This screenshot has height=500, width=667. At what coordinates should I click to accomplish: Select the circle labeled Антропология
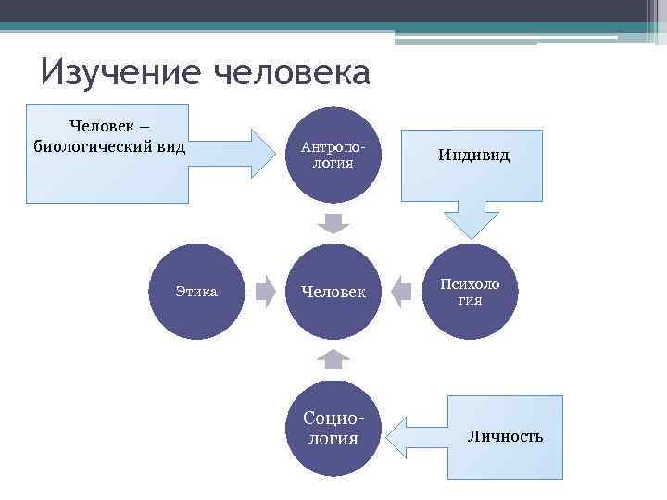(x=333, y=155)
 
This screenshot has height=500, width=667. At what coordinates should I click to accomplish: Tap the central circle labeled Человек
(x=333, y=292)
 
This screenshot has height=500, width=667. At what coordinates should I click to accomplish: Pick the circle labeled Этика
(x=196, y=292)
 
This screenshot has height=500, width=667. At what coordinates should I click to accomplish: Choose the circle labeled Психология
(x=470, y=292)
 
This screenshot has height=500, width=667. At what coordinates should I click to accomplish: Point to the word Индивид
(x=473, y=156)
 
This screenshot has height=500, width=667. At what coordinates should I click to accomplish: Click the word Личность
(x=505, y=436)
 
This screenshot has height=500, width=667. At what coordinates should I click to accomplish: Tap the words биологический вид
(x=109, y=145)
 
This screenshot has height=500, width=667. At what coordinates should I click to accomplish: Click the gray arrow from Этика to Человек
(x=266, y=291)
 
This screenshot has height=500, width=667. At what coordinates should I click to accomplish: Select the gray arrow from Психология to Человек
(x=401, y=291)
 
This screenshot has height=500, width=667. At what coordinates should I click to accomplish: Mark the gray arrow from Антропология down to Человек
(x=333, y=223)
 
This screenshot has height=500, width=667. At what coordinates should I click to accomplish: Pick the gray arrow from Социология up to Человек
(x=333, y=359)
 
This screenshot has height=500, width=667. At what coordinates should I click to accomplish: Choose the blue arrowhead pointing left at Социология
(x=396, y=432)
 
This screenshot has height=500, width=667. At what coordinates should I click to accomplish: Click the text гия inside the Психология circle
(x=470, y=301)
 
